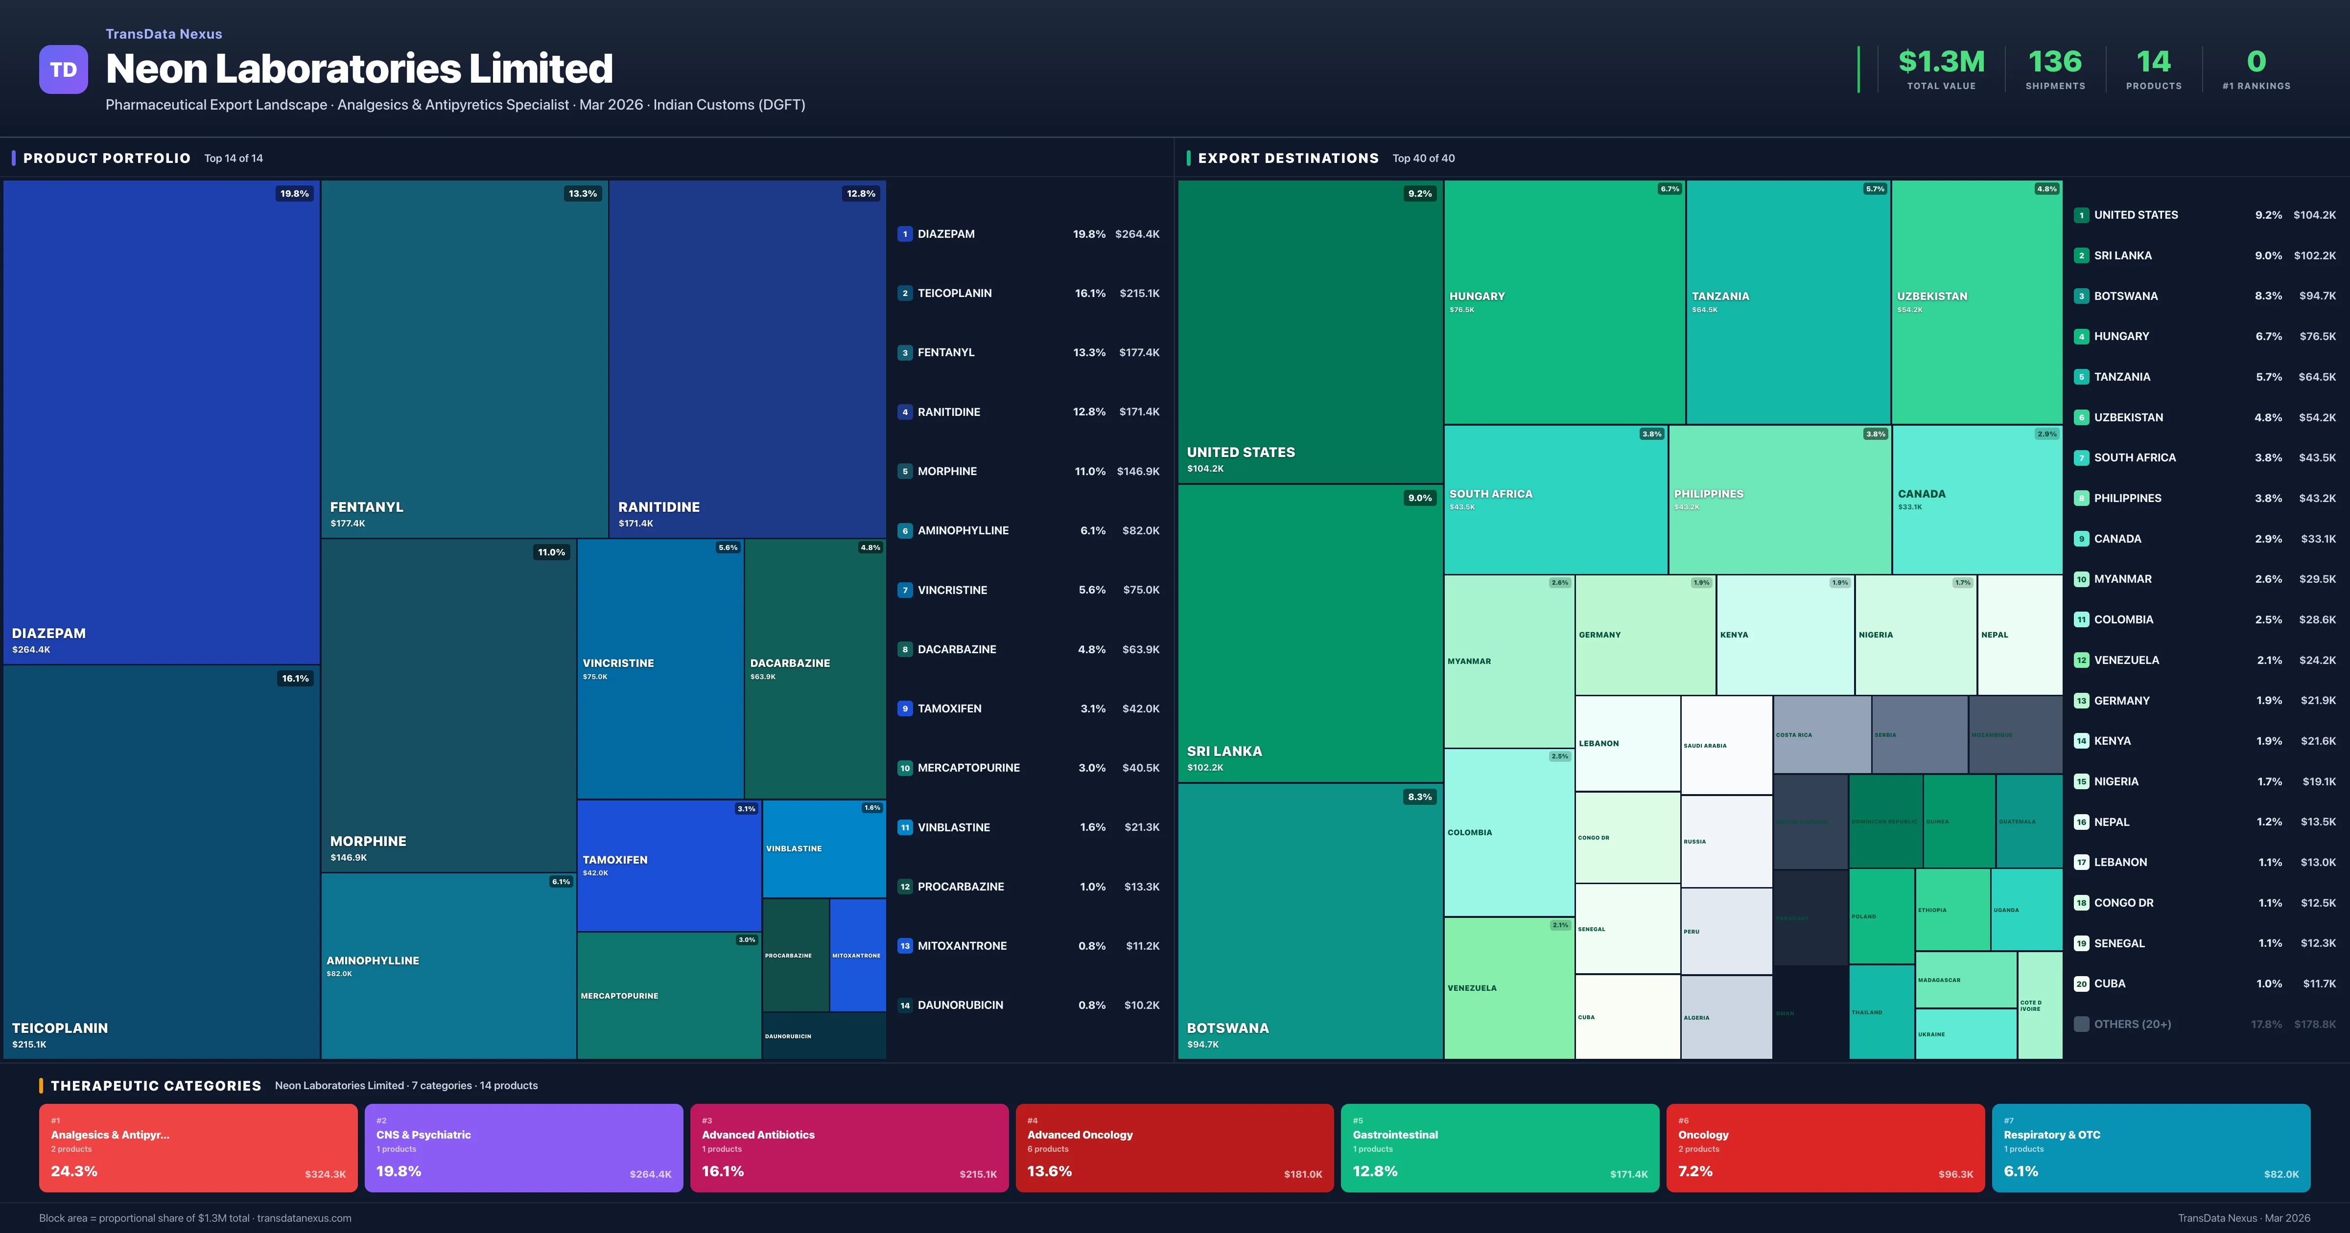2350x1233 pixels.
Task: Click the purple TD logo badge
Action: coord(63,69)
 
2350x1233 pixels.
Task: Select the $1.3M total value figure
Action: coord(1940,62)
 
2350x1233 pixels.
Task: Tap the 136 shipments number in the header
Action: coord(2054,62)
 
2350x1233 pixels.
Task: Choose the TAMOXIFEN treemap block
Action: coord(669,865)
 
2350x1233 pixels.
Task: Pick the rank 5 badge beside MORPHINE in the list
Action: coord(905,472)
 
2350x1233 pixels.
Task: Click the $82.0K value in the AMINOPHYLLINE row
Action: coord(1140,531)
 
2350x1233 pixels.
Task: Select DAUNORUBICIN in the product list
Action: coord(960,1005)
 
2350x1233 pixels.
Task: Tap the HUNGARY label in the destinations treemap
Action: coord(1477,297)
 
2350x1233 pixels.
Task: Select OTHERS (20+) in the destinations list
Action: coord(2132,1024)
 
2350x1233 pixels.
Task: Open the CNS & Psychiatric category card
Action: coord(524,1147)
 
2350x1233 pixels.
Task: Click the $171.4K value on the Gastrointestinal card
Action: coord(1628,1175)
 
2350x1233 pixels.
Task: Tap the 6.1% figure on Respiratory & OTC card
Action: coord(2021,1171)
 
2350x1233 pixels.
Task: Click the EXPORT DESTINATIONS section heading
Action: coord(1287,159)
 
